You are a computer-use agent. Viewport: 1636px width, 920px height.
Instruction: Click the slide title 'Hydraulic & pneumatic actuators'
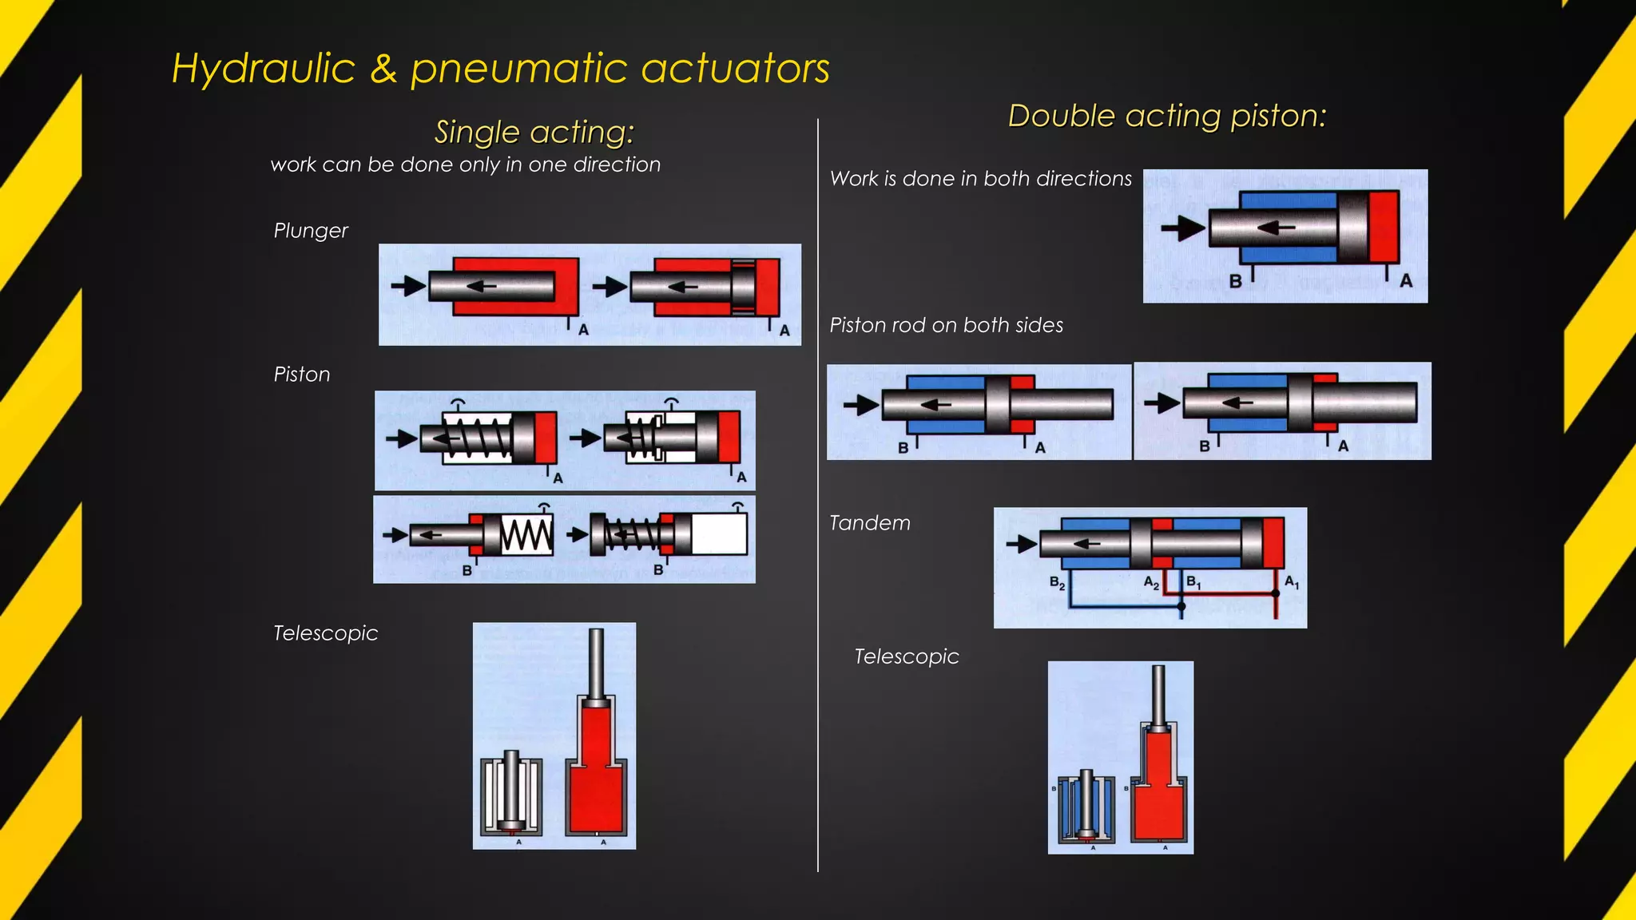tap(501, 69)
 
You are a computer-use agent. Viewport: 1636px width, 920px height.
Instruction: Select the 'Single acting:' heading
tap(534, 132)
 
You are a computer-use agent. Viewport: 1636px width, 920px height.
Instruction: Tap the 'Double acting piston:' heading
tap(1166, 117)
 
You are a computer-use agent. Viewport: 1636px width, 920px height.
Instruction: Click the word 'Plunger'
tap(311, 231)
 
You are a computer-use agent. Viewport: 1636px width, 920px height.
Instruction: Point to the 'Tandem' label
tap(869, 523)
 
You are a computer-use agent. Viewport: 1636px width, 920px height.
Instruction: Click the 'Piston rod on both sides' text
tap(946, 325)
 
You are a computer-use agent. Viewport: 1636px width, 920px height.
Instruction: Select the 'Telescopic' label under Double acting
tap(906, 656)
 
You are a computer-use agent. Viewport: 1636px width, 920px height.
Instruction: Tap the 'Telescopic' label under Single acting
tap(325, 633)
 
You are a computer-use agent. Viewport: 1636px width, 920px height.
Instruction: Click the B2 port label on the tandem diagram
tap(1057, 583)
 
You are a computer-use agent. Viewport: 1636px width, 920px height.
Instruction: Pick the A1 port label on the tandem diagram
tap(1292, 583)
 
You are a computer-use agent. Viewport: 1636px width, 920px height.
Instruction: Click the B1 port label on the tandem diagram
tap(1193, 582)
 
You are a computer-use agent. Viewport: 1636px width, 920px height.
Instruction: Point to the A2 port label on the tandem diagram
tap(1151, 582)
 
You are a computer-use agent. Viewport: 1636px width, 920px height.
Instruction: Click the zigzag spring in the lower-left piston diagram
tap(526, 535)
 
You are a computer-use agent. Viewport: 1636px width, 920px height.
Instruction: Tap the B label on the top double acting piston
tap(1235, 281)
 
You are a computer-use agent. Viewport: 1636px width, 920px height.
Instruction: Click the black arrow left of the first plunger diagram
tap(408, 286)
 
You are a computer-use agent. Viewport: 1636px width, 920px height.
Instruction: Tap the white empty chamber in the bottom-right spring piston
tap(718, 534)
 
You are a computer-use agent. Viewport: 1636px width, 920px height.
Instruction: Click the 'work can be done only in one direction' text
tap(466, 165)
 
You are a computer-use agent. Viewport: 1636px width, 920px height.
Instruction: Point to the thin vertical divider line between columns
tap(818, 495)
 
